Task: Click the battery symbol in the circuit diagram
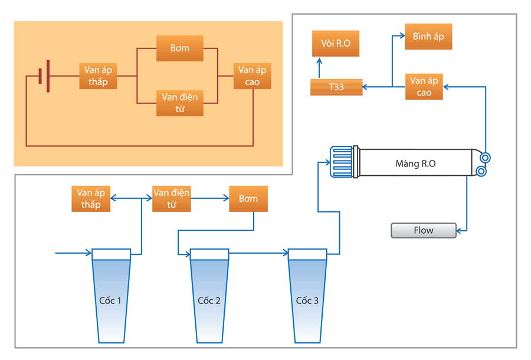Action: tap(44, 77)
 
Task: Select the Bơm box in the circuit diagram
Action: tap(180, 48)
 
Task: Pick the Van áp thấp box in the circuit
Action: tap(98, 76)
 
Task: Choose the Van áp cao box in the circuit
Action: tap(253, 76)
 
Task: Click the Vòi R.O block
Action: tap(336, 44)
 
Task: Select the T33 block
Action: tap(337, 87)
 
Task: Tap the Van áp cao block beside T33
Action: tap(424, 87)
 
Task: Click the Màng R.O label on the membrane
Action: tap(415, 163)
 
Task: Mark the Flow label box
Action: tap(424, 230)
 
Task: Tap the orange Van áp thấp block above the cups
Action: tap(88, 199)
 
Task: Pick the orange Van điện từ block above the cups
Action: tap(172, 199)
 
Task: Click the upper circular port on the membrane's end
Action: tap(485, 158)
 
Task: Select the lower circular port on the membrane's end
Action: tap(480, 172)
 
